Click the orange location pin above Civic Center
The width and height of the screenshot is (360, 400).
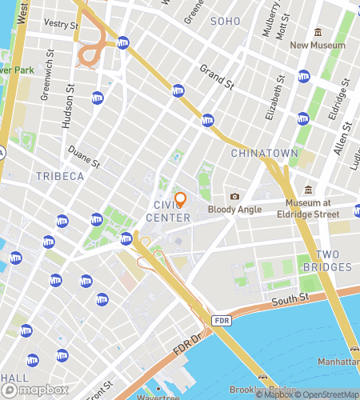coord(180,199)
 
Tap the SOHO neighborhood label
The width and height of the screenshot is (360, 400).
coord(225,21)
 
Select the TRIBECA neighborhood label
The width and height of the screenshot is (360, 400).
coord(60,176)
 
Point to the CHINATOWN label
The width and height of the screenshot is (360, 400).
coord(265,153)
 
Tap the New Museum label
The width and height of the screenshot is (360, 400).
coord(318,46)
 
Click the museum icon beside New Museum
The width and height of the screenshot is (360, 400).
coord(318,32)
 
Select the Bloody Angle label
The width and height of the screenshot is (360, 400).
coord(235,210)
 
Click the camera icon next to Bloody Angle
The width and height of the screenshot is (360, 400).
coord(234,197)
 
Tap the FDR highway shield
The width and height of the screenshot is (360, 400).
coord(222,320)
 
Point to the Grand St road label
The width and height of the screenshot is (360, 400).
coord(215,76)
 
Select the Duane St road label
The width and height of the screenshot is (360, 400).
coord(84,154)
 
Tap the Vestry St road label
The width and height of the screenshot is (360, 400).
coord(62,25)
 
